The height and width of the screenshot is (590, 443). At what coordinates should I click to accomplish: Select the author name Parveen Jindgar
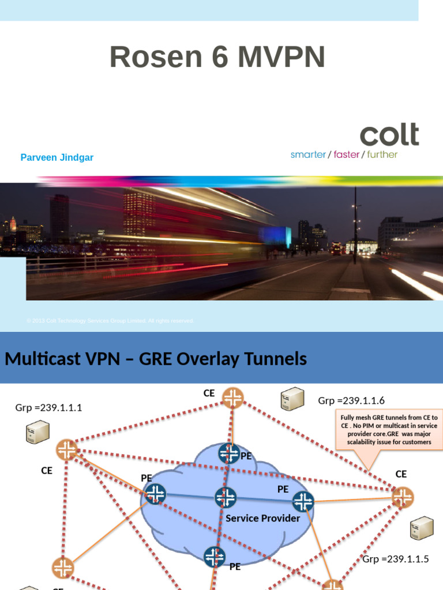57,158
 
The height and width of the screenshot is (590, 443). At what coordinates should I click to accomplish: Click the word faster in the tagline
346,154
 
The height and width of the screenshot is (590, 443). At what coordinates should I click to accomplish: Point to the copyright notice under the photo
110,320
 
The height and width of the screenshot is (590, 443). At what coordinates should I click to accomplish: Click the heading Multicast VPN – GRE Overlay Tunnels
156,360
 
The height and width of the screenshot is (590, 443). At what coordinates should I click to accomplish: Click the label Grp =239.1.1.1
48,408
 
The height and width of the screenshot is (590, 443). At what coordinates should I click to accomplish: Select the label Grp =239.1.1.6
351,401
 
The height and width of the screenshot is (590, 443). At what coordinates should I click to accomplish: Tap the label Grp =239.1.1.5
396,559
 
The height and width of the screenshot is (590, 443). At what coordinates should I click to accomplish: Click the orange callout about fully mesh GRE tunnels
389,430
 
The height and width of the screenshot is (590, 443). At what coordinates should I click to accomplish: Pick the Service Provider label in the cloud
262,519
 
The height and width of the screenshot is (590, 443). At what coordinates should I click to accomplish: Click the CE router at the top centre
233,397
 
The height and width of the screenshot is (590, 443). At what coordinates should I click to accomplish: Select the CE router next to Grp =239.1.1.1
67,449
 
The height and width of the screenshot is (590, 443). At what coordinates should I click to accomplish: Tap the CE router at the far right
403,497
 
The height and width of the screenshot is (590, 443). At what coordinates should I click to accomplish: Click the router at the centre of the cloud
226,498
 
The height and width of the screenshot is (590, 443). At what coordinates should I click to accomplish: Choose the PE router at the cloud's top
229,453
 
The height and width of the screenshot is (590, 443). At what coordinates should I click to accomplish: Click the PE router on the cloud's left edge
155,494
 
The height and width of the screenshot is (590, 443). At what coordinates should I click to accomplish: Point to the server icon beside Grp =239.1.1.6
292,399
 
